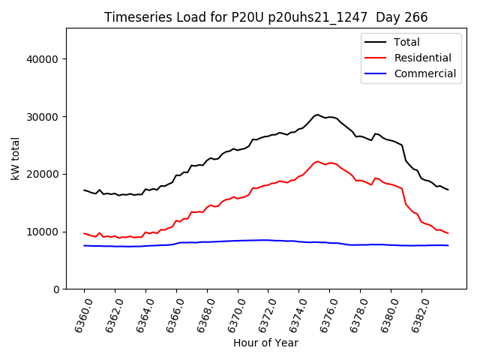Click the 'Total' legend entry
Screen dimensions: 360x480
(x=407, y=42)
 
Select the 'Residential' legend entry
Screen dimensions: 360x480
(x=422, y=58)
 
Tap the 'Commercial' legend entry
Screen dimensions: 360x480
(x=424, y=73)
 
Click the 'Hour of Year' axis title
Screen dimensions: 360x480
(x=265, y=343)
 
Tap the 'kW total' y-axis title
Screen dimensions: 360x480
(x=15, y=159)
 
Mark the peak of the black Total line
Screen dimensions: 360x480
(x=317, y=115)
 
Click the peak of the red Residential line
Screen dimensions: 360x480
(x=317, y=161)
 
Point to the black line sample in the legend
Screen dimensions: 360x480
(x=376, y=42)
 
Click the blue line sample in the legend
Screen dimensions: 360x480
(x=376, y=73)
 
